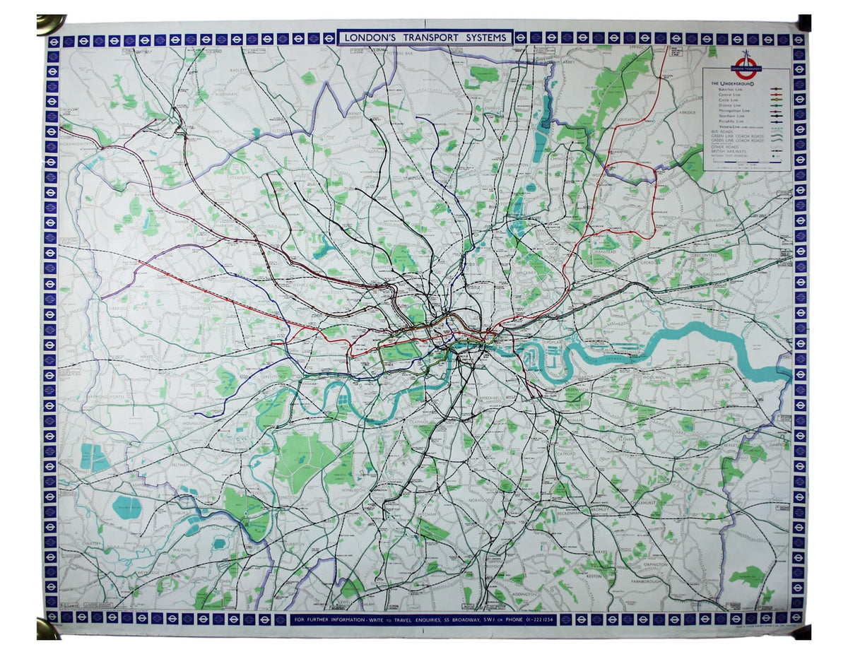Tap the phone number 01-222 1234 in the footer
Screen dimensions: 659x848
536,619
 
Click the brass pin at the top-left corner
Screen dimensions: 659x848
50,23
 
